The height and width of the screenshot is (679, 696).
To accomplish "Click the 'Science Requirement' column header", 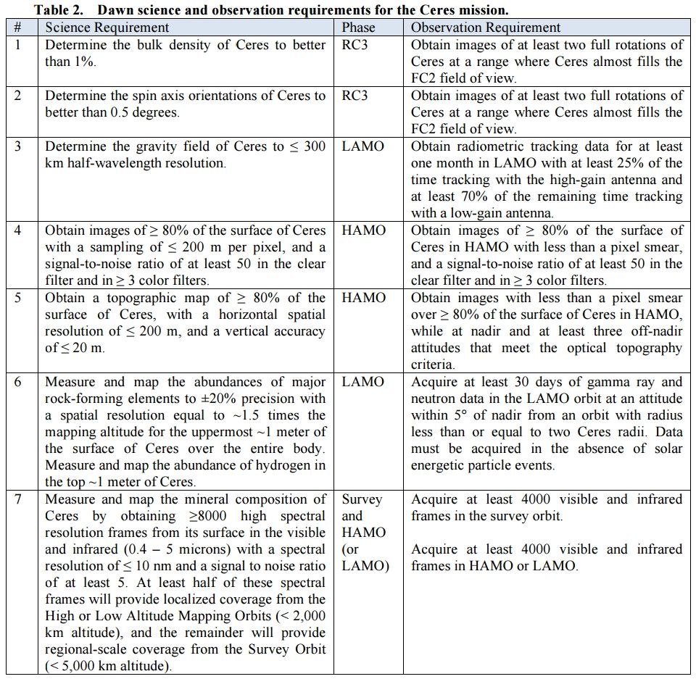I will coord(107,28).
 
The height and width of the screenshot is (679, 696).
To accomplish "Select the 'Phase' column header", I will coord(358,28).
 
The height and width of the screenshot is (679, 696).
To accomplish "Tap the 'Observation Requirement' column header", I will coord(485,28).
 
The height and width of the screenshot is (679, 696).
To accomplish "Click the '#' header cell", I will coord(17,28).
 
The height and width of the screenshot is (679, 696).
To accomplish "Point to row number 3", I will coord(17,146).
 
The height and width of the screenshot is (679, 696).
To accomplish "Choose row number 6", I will coord(17,382).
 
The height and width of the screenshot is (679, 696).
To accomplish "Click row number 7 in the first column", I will coord(17,499).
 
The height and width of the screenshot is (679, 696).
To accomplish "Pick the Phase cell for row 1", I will coord(357,45).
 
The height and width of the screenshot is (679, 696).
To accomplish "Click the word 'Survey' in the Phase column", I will coord(362,499).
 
